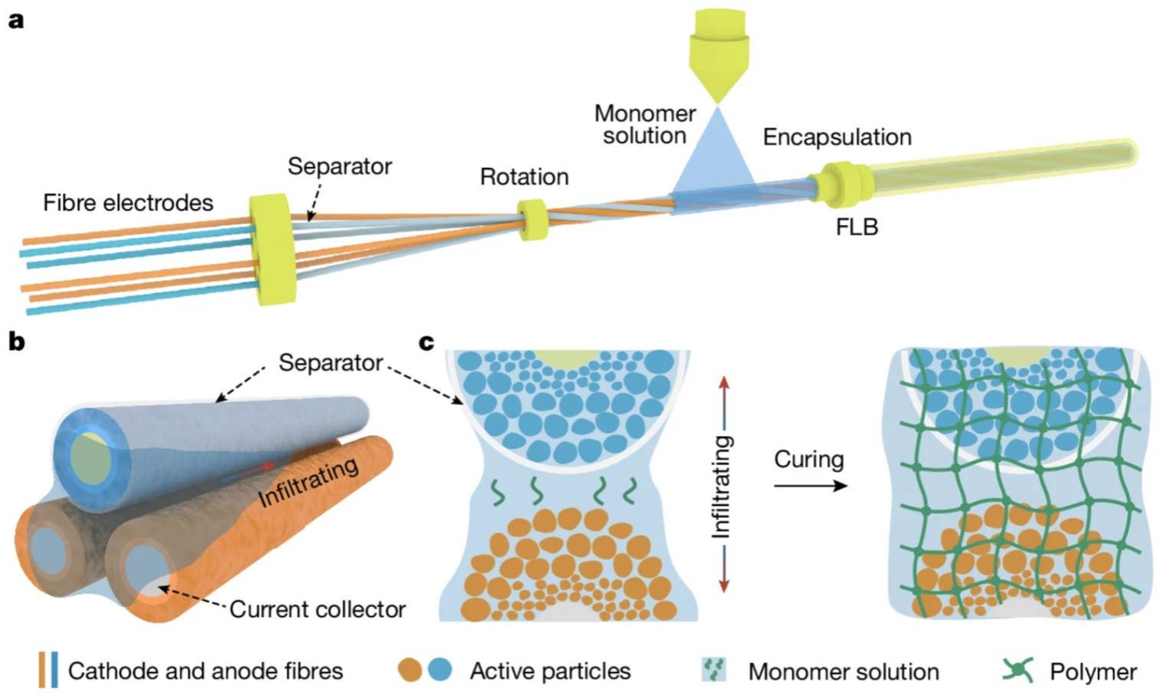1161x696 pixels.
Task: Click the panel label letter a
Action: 15,19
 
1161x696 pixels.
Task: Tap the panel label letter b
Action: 16,342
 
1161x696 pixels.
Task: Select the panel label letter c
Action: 427,342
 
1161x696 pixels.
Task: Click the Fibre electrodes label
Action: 128,203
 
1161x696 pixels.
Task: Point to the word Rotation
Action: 524,176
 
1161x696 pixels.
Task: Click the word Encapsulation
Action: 837,137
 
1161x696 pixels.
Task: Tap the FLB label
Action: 857,227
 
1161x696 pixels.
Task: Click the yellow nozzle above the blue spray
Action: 718,54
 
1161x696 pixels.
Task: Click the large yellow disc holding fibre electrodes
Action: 272,249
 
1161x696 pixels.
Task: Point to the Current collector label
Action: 317,609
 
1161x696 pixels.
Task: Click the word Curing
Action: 808,459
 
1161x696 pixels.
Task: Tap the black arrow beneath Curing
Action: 810,486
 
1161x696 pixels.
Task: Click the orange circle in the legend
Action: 410,670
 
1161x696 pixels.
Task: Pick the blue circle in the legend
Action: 439,670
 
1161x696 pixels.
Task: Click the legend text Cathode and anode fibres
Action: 205,671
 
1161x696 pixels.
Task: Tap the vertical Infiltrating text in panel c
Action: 722,486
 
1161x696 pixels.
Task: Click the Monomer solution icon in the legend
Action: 714,670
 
